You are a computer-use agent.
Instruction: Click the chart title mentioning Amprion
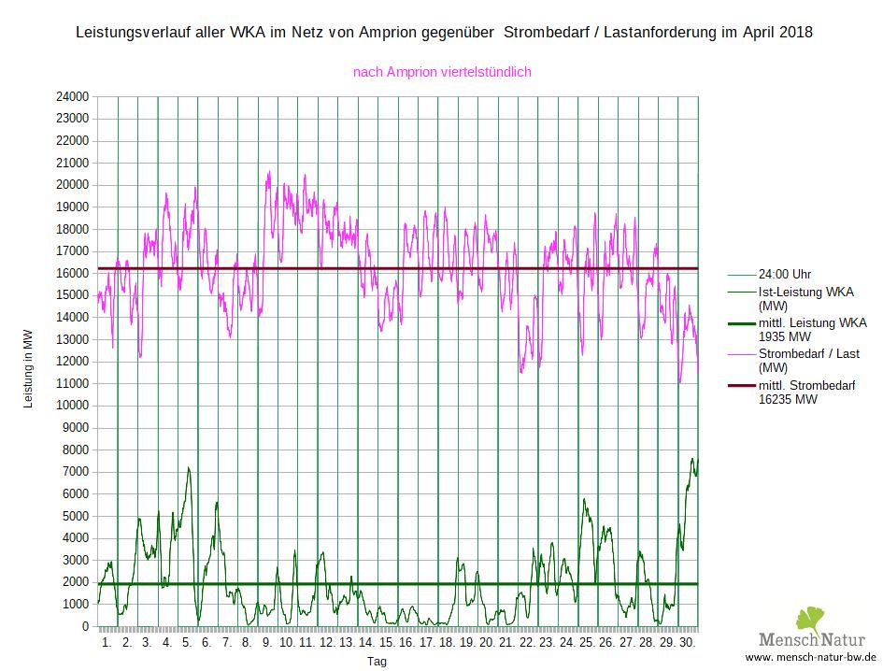point(444,33)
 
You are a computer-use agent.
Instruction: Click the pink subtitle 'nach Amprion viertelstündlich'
point(443,71)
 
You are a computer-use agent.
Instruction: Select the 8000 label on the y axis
point(75,450)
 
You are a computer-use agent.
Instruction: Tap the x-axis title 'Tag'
point(377,661)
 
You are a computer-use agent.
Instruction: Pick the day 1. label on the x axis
point(107,643)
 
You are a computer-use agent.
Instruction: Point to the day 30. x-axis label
point(687,643)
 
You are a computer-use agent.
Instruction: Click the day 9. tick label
point(267,643)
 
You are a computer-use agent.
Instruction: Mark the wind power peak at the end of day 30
point(693,458)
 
